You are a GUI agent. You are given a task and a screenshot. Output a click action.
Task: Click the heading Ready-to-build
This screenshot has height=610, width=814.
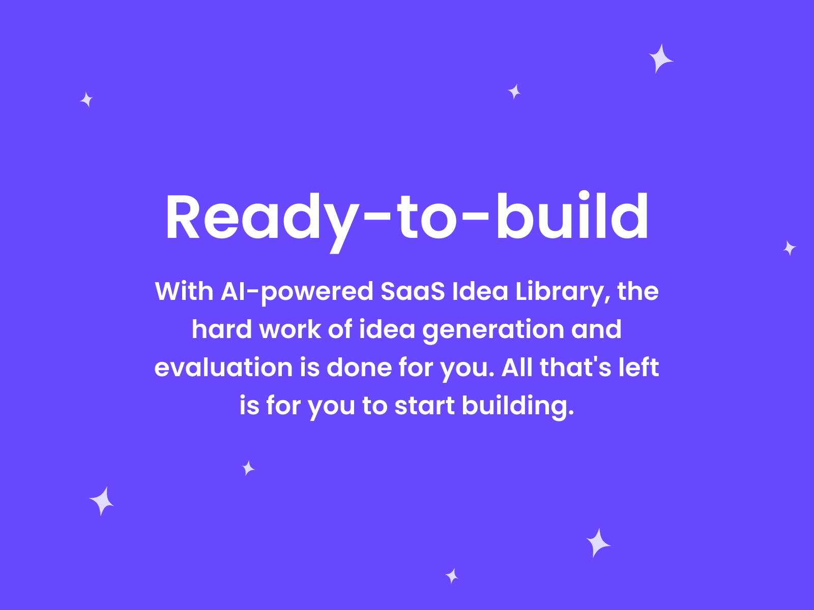(x=407, y=217)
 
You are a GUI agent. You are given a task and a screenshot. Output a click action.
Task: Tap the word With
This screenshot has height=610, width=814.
(x=184, y=292)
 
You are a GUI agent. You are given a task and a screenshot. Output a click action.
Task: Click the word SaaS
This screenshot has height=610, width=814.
(x=413, y=292)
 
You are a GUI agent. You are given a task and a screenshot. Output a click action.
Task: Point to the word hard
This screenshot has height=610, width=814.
(x=222, y=329)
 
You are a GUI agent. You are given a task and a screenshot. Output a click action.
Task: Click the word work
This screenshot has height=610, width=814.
(x=290, y=329)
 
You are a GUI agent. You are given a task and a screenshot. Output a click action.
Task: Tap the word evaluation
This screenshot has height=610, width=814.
(x=223, y=368)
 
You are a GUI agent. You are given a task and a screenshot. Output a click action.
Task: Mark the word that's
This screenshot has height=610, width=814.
(x=575, y=368)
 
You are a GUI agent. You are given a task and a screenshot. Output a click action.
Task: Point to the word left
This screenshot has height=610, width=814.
(x=638, y=368)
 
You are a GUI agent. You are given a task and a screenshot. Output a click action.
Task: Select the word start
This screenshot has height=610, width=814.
(x=424, y=406)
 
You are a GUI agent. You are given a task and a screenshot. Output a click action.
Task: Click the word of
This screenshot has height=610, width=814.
(x=340, y=329)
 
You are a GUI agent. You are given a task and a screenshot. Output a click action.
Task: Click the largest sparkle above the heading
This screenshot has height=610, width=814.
(x=660, y=59)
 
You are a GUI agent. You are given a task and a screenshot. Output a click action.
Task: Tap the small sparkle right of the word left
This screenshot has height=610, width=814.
(x=789, y=248)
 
